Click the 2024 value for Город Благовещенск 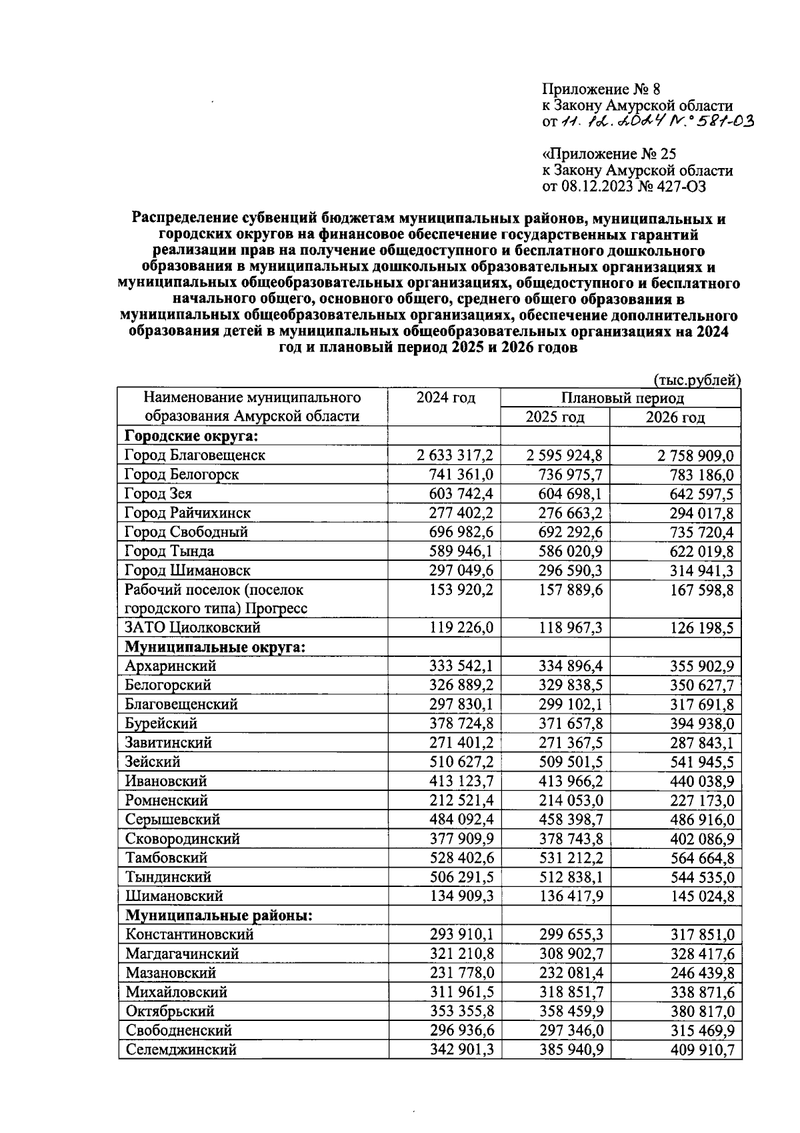tap(455, 455)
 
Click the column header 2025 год tap(555, 417)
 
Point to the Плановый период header tap(621, 398)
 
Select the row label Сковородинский tap(182, 839)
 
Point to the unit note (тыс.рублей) tap(697, 379)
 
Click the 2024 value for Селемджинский tap(461, 1050)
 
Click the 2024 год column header tap(445, 398)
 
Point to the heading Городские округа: tap(191, 436)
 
